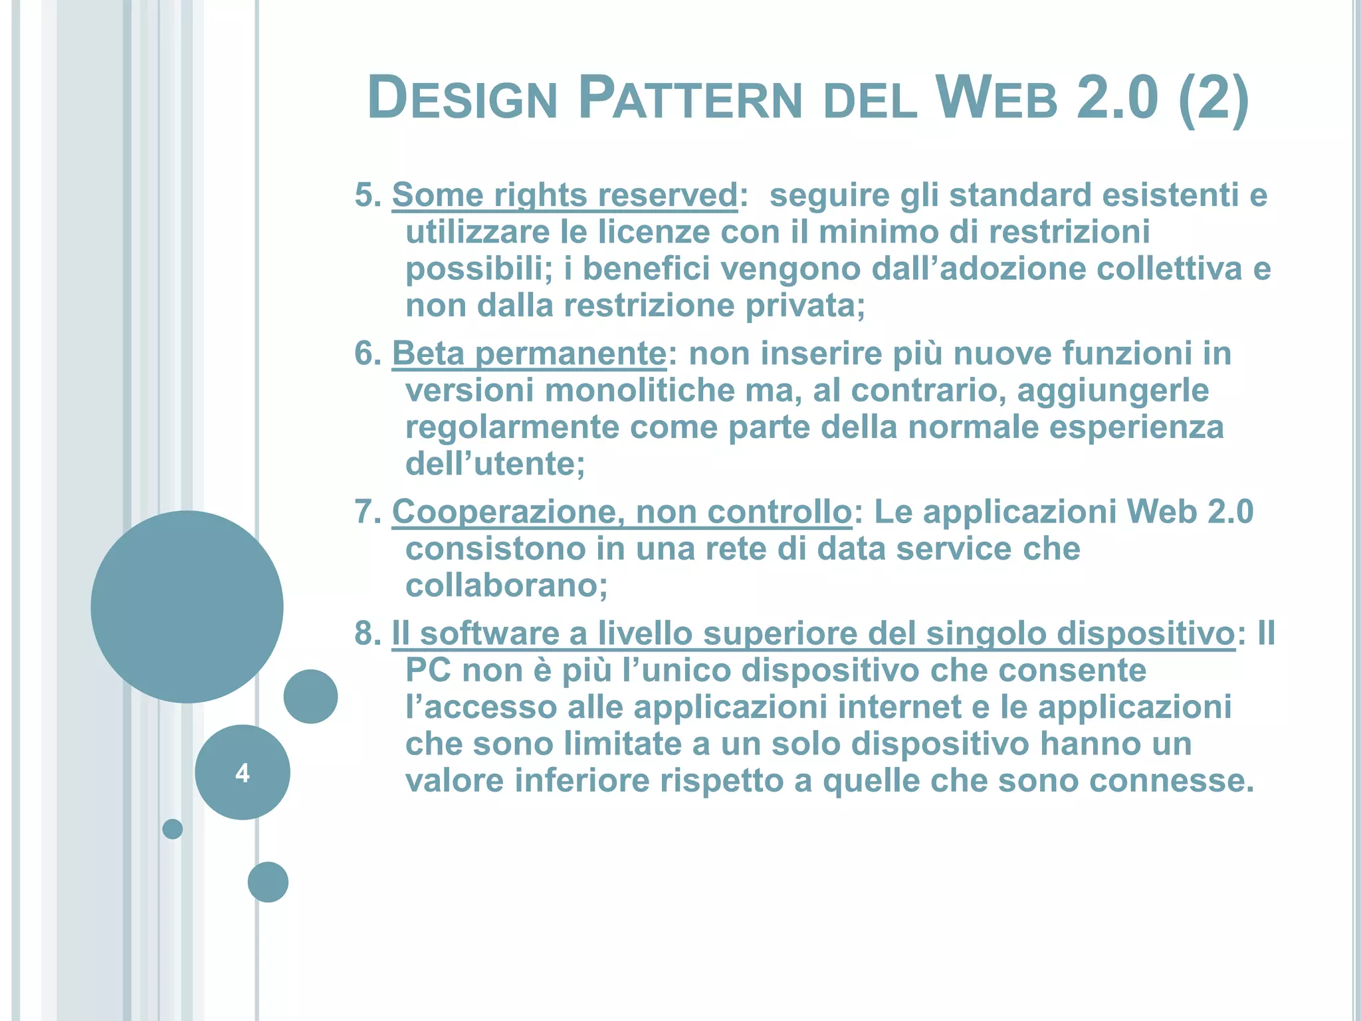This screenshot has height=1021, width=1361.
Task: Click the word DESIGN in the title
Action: pyautogui.click(x=462, y=98)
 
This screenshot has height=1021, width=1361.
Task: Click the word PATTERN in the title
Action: pyautogui.click(x=690, y=98)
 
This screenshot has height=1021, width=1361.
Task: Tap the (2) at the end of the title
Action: pyautogui.click(x=1213, y=98)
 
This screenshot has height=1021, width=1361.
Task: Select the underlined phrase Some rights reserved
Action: pyautogui.click(x=564, y=195)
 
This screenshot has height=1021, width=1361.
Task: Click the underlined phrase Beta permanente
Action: pyautogui.click(x=528, y=354)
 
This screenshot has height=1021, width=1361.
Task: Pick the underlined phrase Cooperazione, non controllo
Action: pyautogui.click(x=621, y=512)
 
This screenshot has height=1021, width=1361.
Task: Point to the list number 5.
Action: pyautogui.click(x=367, y=195)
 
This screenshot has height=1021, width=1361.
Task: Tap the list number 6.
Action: pyautogui.click(x=367, y=354)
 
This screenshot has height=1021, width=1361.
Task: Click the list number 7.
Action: pyautogui.click(x=367, y=512)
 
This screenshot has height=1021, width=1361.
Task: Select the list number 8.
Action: pyautogui.click(x=367, y=633)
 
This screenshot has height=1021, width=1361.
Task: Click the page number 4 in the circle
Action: pyautogui.click(x=243, y=773)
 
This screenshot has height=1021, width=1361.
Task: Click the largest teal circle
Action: pyautogui.click(x=187, y=606)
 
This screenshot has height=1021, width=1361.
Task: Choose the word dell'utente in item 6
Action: pyautogui.click(x=495, y=464)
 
